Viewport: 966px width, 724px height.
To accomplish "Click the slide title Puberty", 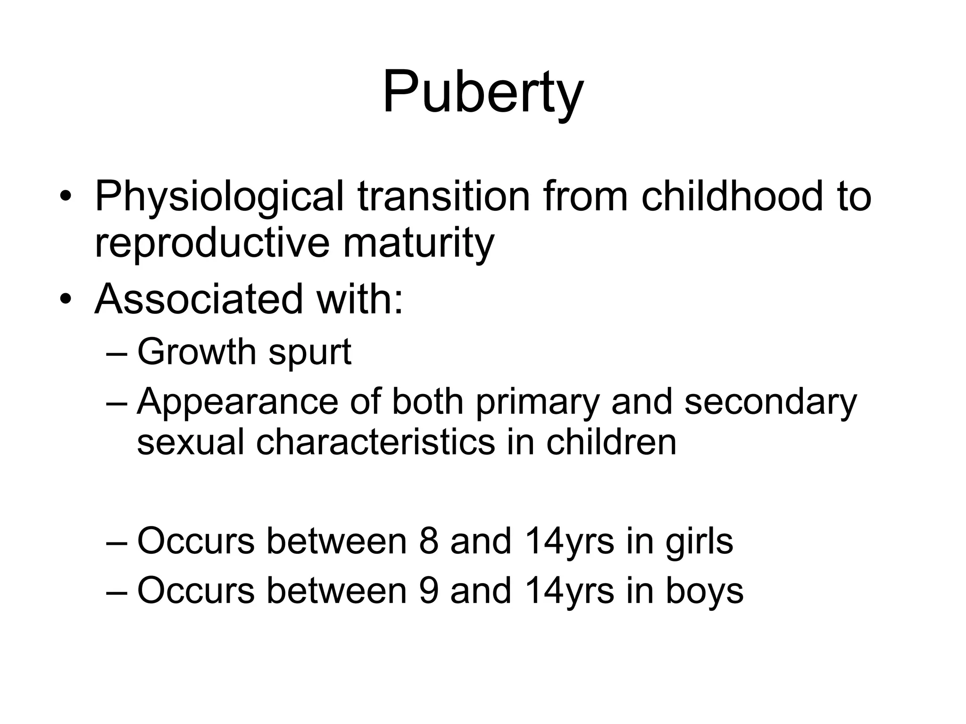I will pos(483,92).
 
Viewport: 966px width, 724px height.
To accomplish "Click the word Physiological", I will pos(219,197).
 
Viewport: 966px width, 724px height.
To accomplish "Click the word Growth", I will pos(196,352).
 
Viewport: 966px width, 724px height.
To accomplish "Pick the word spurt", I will pos(309,353).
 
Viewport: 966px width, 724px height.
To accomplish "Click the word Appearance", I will pos(237,402).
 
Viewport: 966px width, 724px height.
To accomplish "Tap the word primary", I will pos(537,403).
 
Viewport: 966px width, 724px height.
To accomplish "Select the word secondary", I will pos(770,403).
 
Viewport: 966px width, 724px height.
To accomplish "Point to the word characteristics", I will pos(375,443).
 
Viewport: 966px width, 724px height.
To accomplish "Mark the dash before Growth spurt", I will pos(117,353).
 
